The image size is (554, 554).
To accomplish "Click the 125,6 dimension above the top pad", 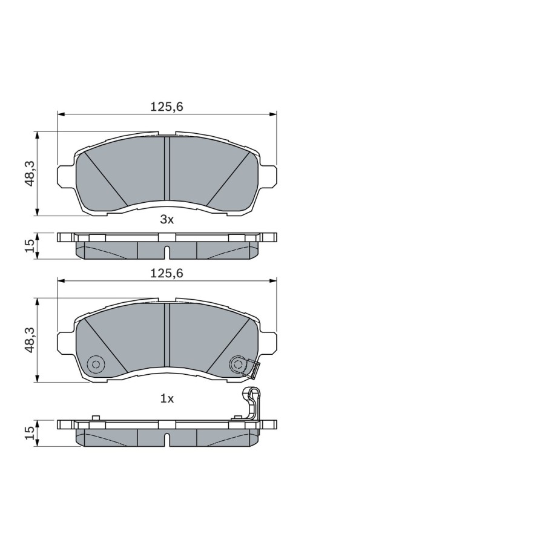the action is click(167, 107).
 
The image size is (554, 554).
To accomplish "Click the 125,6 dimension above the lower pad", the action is click(167, 273).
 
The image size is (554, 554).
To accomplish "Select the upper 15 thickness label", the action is click(30, 245).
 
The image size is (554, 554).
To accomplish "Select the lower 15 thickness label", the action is click(30, 432).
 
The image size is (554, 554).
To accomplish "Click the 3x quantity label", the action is click(167, 220).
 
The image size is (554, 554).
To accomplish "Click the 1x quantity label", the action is click(167, 399).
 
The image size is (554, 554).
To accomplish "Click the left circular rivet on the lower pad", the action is click(96, 364).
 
